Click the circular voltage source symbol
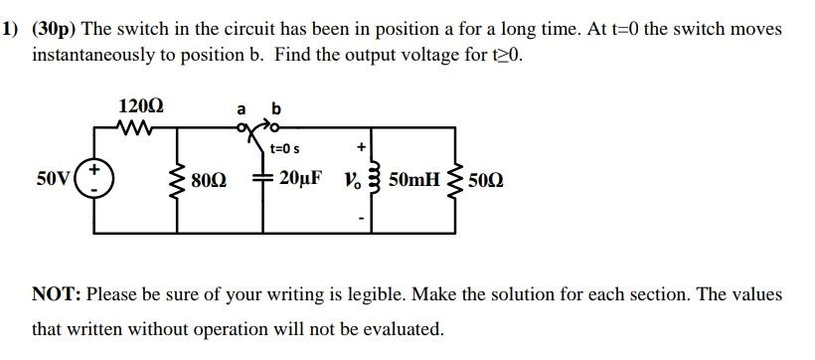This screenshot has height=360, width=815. (95, 179)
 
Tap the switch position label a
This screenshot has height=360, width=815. (241, 108)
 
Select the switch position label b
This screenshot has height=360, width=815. (275, 107)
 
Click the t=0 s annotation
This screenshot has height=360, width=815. (285, 148)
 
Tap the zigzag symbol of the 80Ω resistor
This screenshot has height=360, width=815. (180, 181)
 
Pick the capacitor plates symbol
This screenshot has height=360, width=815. (264, 179)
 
